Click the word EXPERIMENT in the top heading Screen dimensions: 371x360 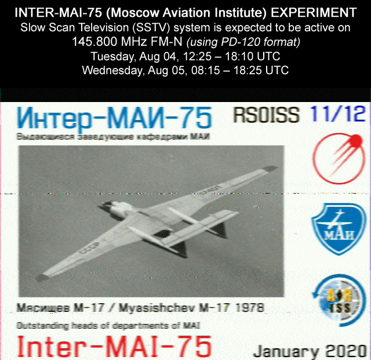click(x=314, y=13)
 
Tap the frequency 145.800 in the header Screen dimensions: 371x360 click(x=94, y=42)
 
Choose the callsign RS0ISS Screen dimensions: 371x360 click(x=267, y=115)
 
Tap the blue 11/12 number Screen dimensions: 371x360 click(x=338, y=114)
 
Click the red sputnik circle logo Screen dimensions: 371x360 click(x=339, y=159)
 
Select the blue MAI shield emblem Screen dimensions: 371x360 click(x=339, y=228)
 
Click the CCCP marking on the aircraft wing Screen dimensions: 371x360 click(x=90, y=248)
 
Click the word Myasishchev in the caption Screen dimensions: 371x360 click(x=157, y=308)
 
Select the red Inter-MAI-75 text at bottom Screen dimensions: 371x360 click(x=114, y=347)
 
